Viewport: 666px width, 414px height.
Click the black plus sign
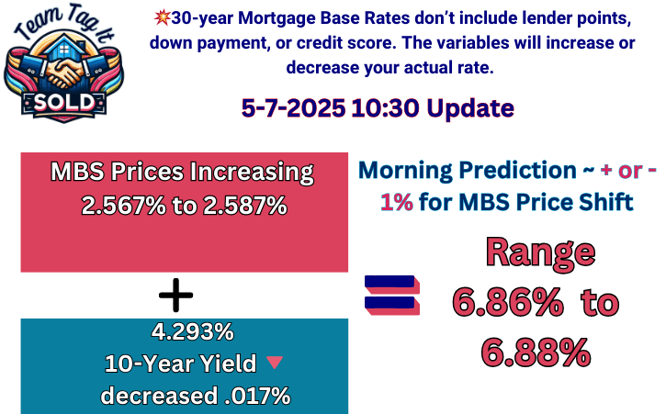click(x=175, y=295)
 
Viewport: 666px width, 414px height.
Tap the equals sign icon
click(x=392, y=295)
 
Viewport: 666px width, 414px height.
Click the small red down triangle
click(x=275, y=363)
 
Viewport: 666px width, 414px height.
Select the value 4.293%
click(x=192, y=331)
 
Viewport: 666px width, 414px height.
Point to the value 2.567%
click(x=123, y=206)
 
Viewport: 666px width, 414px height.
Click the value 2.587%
click(x=245, y=206)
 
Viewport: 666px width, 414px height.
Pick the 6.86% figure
click(x=508, y=303)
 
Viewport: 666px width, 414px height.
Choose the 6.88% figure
click(x=536, y=352)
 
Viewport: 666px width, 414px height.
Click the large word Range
click(x=540, y=252)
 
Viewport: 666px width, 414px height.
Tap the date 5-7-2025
click(x=293, y=107)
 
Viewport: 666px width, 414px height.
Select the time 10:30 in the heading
click(x=385, y=107)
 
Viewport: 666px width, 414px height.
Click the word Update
click(x=470, y=108)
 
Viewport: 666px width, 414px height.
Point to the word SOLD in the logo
click(x=64, y=102)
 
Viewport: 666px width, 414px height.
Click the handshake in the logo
click(x=64, y=73)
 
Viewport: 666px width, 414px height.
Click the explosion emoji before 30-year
click(x=162, y=17)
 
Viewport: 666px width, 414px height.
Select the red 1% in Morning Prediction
click(x=396, y=202)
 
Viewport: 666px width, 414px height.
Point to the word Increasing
click(x=252, y=173)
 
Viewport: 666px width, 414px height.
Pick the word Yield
click(x=228, y=364)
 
